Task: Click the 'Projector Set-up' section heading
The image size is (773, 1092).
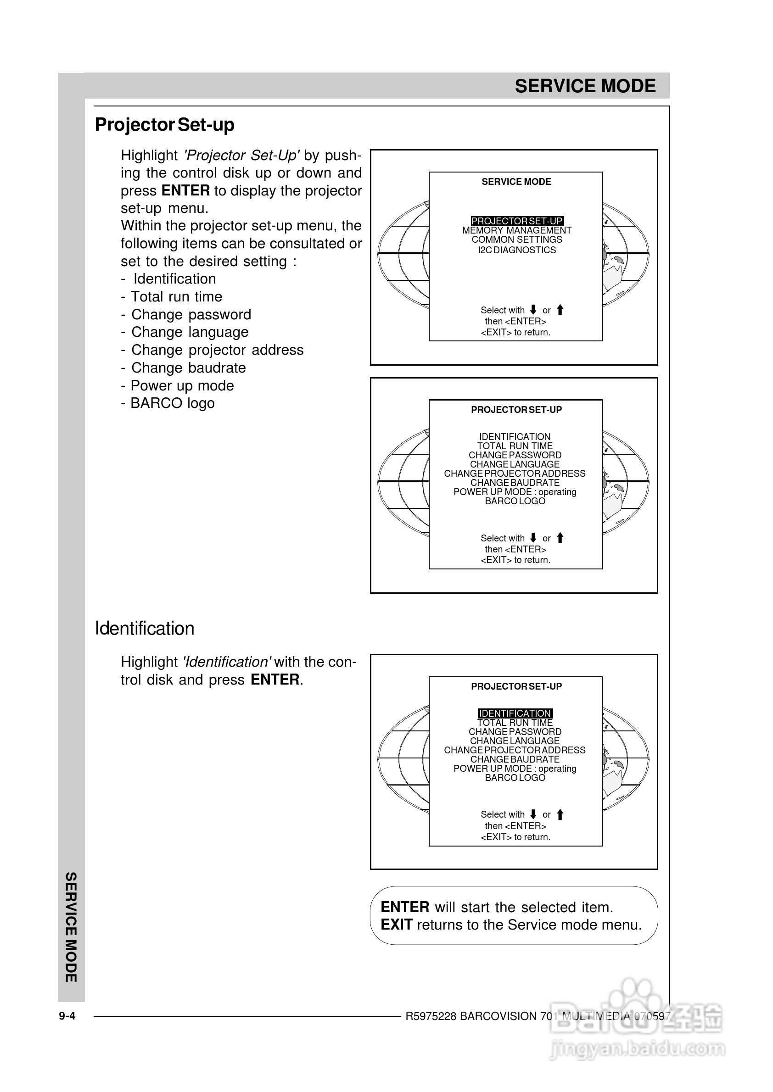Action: [164, 125]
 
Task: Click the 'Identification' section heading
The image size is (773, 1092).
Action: [144, 629]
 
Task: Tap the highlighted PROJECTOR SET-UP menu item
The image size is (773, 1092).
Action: [516, 221]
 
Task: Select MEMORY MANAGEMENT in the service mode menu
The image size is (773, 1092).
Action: [516, 230]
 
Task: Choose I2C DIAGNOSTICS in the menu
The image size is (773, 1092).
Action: [516, 250]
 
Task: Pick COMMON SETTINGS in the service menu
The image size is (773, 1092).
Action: [516, 240]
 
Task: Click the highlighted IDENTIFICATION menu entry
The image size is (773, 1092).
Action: [515, 713]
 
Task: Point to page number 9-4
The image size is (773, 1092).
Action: [67, 1016]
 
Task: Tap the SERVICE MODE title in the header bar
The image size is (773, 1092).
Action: [585, 86]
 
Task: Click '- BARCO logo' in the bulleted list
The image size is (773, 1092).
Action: [168, 403]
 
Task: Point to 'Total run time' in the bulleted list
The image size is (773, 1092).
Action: [176, 297]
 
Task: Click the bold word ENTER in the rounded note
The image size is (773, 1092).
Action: [404, 907]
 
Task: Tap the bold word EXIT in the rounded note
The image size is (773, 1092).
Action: [396, 925]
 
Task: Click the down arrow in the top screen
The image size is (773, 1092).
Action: [533, 310]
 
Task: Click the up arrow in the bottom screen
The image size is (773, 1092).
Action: [560, 815]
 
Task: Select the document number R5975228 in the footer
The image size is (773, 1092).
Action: [430, 1016]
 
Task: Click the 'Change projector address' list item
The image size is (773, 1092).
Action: [217, 350]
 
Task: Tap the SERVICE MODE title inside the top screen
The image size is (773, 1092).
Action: [516, 182]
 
